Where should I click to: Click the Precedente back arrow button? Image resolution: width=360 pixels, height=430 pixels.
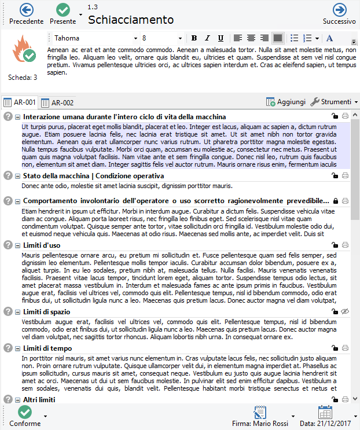[26, 10]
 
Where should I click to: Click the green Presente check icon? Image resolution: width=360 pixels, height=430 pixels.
[63, 10]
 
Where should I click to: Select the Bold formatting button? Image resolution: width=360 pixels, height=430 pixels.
[194, 38]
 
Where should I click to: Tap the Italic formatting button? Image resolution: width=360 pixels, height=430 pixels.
[207, 38]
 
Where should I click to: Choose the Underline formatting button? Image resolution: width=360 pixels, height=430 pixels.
[221, 38]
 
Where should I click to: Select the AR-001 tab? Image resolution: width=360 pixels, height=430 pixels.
[20, 102]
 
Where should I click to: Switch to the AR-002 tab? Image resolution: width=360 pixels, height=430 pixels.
[57, 102]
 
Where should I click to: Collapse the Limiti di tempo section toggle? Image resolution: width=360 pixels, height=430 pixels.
[17, 348]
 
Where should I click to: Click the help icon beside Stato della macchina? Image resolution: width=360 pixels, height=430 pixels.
[8, 176]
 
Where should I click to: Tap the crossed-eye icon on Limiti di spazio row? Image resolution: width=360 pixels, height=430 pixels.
[346, 312]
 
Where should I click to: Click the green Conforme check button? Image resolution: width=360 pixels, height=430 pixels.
[25, 413]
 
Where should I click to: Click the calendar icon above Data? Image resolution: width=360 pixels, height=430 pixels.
[325, 413]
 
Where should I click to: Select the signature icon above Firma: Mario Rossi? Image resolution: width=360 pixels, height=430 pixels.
[259, 413]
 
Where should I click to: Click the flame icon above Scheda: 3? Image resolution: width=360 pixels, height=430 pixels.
[24, 51]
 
